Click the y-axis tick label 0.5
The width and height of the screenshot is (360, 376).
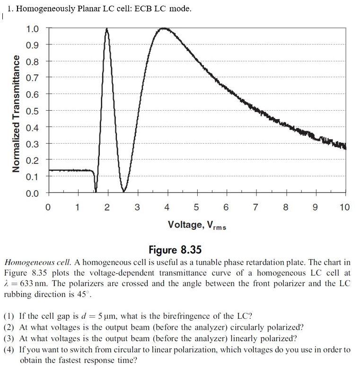[33, 111]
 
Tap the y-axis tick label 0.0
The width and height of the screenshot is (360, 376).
[33, 193]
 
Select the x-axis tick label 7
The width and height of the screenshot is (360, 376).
[255, 207]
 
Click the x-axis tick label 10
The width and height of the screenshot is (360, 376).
[344, 207]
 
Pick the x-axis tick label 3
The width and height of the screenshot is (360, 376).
[137, 207]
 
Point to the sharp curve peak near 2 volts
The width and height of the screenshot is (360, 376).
[107, 29]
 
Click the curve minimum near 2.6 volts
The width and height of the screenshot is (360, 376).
[124, 191]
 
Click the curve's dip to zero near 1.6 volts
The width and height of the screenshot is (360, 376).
[96, 191]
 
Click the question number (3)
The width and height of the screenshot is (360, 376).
[9, 339]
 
